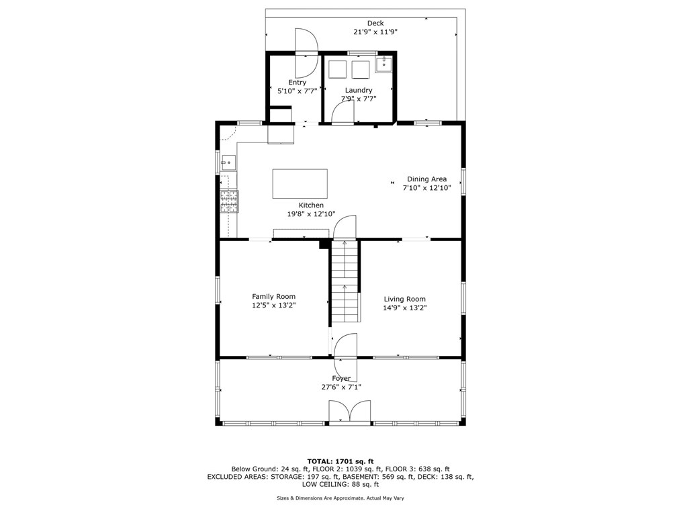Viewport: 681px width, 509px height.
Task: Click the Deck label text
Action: [375, 24]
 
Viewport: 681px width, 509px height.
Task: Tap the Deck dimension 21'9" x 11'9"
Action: [375, 32]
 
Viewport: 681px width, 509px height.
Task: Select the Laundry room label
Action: [359, 90]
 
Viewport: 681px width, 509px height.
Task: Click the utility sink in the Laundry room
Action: [383, 64]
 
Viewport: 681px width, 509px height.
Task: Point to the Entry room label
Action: [297, 83]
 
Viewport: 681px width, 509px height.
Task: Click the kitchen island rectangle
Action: [300, 183]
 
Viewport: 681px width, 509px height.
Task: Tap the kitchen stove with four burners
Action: [229, 201]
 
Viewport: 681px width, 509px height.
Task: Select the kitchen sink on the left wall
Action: [228, 161]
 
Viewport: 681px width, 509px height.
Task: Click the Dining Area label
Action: [426, 179]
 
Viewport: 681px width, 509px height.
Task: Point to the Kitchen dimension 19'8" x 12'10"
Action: [311, 214]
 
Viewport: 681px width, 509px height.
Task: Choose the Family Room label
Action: [273, 296]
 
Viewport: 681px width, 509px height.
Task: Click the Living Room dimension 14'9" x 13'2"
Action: [405, 308]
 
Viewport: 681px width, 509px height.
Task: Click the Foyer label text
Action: [341, 379]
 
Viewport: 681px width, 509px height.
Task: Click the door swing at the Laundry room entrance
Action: [343, 113]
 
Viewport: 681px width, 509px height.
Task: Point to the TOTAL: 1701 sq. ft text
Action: [340, 461]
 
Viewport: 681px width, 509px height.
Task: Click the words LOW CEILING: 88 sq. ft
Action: [340, 484]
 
